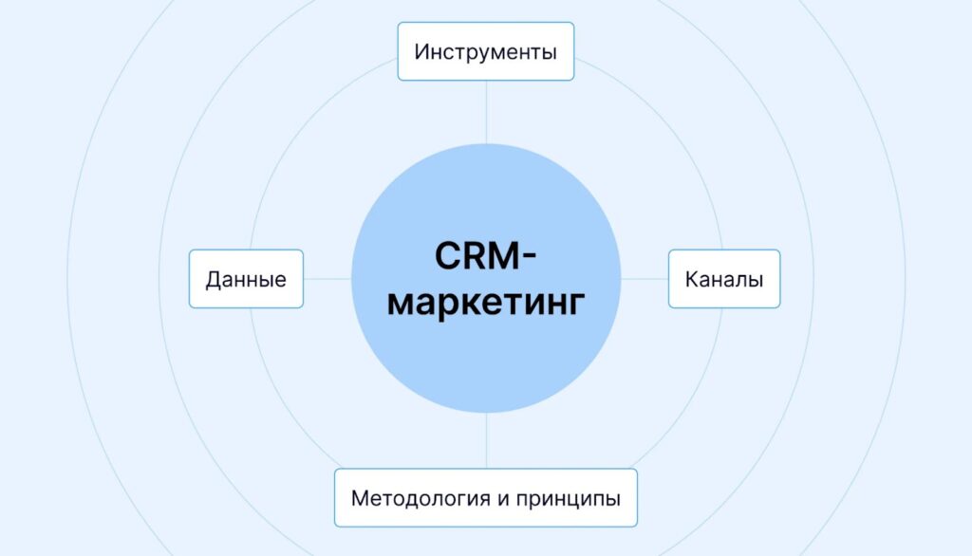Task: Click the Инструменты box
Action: pyautogui.click(x=485, y=51)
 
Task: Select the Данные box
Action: pyautogui.click(x=246, y=279)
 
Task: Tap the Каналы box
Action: pyautogui.click(x=724, y=279)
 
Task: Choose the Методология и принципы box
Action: pyautogui.click(x=485, y=497)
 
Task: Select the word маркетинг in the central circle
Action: pyautogui.click(x=486, y=304)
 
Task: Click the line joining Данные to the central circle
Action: pyautogui.click(x=327, y=279)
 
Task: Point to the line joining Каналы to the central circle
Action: pyautogui.click(x=645, y=279)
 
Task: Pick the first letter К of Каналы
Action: pyautogui.click(x=691, y=279)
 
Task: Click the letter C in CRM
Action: pyautogui.click(x=447, y=256)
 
